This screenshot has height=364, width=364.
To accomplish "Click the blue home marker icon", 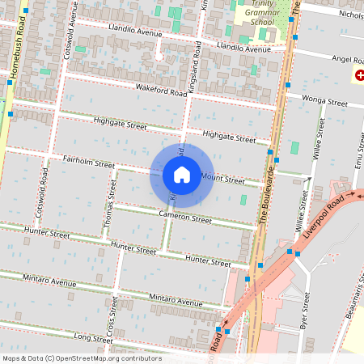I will (x=181, y=175).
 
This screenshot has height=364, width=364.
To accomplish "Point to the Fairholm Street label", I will (x=89, y=163).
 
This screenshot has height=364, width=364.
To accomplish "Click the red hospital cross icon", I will (x=359, y=75).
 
